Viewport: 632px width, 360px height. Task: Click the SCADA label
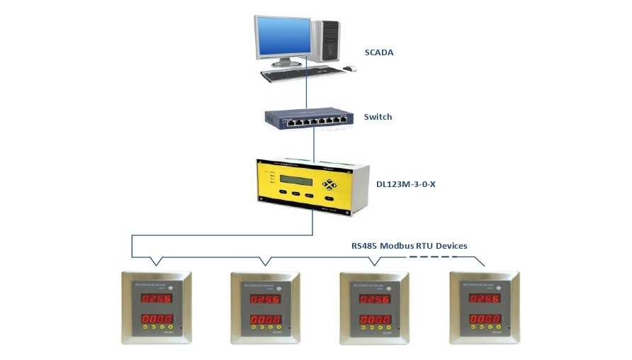(378, 52)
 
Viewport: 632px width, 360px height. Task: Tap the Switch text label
(378, 117)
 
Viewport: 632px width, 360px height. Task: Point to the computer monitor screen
(283, 40)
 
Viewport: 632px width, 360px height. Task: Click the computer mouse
(349, 69)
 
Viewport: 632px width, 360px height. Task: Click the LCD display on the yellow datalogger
(295, 179)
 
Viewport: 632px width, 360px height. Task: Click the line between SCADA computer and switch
(307, 92)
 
